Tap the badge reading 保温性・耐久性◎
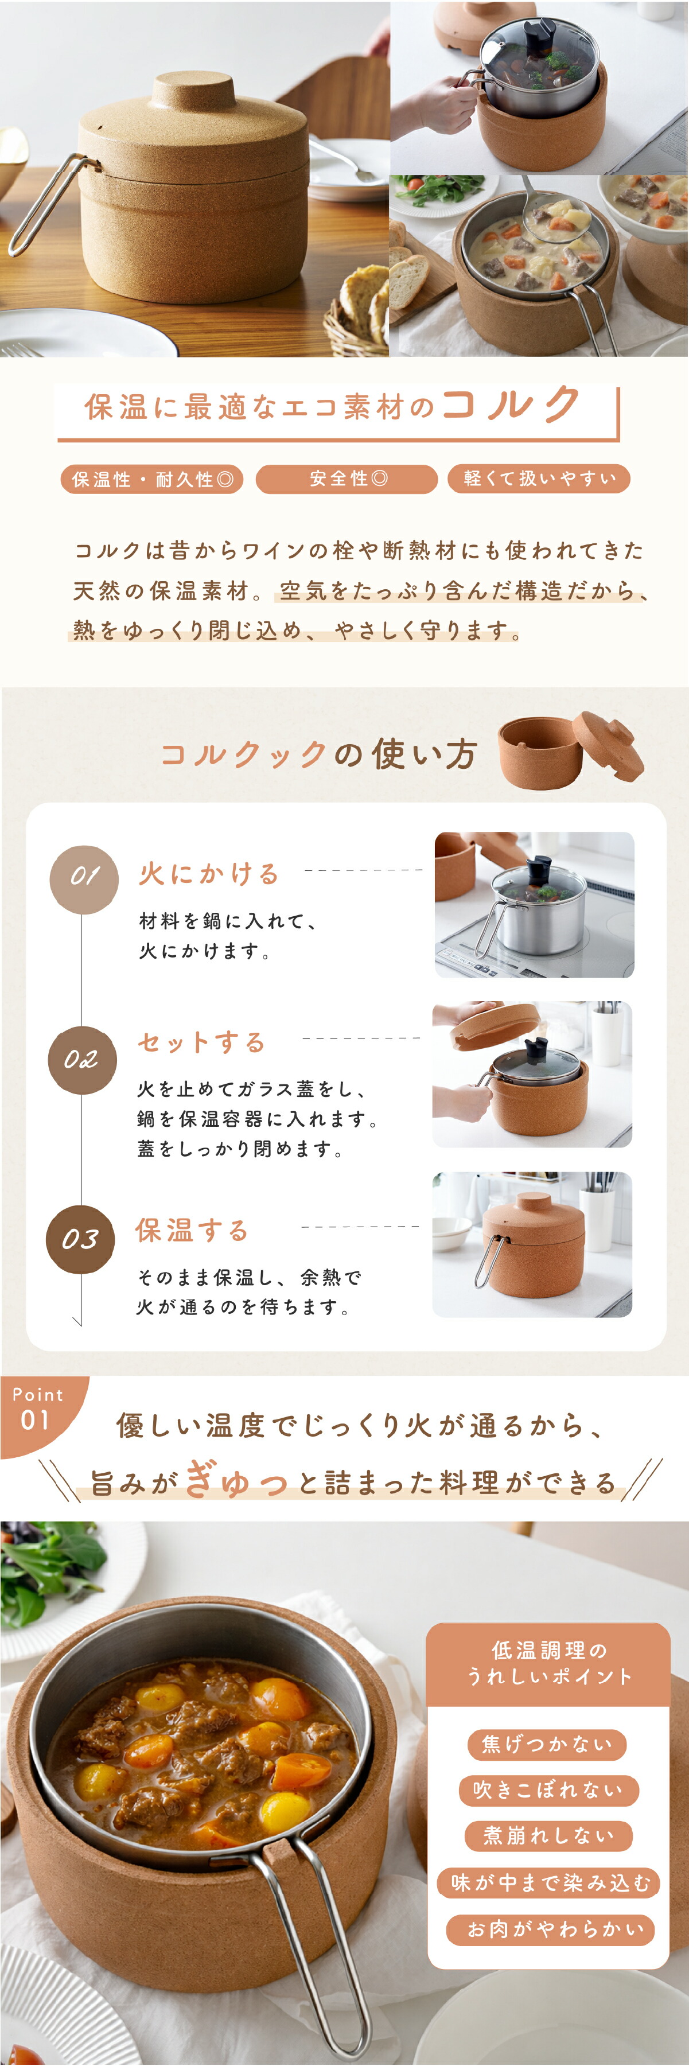point(151,479)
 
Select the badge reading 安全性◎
point(347,479)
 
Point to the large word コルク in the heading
point(511,404)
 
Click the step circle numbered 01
point(84,879)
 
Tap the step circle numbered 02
point(82,1060)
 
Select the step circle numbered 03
point(80,1239)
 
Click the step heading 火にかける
point(209,873)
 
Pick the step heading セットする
point(201,1042)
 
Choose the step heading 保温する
point(193,1230)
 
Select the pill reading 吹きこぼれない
point(548,1789)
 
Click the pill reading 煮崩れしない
point(548,1835)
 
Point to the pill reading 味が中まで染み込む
point(548,1882)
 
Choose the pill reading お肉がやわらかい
point(550,1929)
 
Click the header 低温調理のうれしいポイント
point(548,1663)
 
